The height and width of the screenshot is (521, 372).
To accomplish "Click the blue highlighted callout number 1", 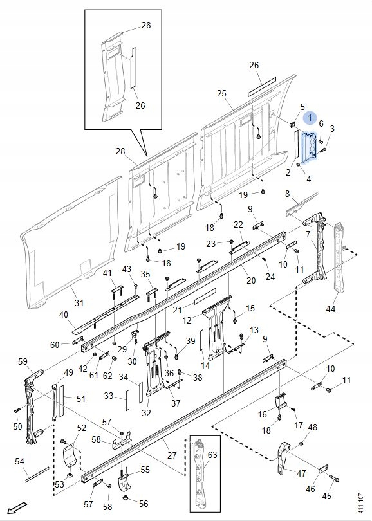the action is [310, 118].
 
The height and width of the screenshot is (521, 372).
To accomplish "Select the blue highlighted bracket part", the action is [309, 146].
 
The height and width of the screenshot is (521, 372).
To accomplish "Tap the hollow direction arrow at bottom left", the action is [17, 507].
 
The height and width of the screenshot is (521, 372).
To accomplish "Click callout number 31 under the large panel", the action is [79, 303].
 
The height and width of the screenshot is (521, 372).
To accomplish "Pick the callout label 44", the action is [330, 309].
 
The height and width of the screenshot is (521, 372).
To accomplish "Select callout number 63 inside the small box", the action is [212, 454].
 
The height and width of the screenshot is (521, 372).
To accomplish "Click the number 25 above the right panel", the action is [222, 93].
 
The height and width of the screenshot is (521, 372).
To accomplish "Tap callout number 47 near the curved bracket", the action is [301, 473].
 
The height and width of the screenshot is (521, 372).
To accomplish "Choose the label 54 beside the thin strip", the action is [19, 461].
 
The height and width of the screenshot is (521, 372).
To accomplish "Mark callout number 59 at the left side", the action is [23, 361].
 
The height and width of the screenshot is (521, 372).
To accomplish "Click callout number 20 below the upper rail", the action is [251, 280].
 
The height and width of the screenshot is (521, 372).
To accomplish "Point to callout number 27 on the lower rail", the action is [172, 455].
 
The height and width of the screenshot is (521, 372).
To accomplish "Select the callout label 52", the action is [82, 428].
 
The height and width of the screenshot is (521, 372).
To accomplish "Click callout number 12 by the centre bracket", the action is [187, 320].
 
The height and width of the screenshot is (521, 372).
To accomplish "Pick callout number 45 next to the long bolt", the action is [327, 496].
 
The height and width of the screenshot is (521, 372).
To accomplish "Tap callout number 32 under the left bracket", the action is [146, 413].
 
